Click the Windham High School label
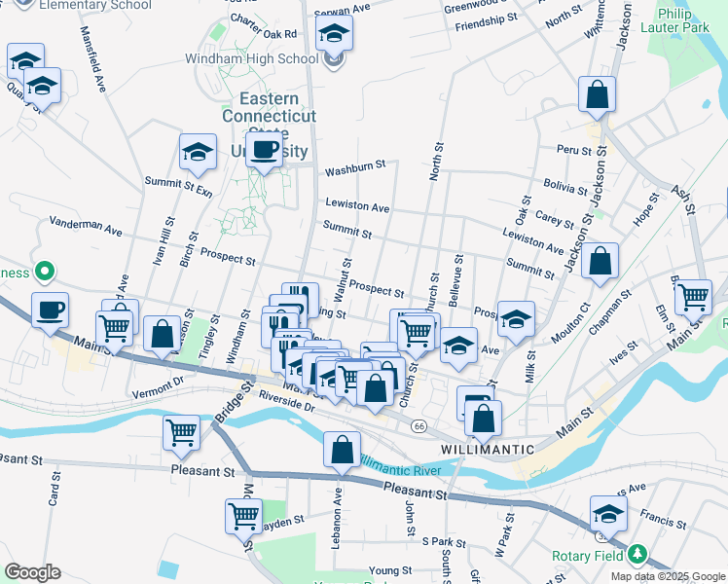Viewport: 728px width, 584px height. point(251,58)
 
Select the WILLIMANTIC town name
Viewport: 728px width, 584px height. point(488,449)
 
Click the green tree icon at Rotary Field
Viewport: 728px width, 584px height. point(637,554)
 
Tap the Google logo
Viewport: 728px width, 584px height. point(32,572)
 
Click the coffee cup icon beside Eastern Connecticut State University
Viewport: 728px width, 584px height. point(264,151)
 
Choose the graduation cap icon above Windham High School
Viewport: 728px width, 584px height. point(334,35)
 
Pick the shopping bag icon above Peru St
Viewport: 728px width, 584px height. point(598,96)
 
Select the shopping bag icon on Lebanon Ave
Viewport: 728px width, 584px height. point(342,452)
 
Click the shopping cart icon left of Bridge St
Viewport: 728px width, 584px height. point(182,432)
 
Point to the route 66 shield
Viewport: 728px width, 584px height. point(419,426)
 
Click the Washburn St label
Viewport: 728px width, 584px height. point(355,169)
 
